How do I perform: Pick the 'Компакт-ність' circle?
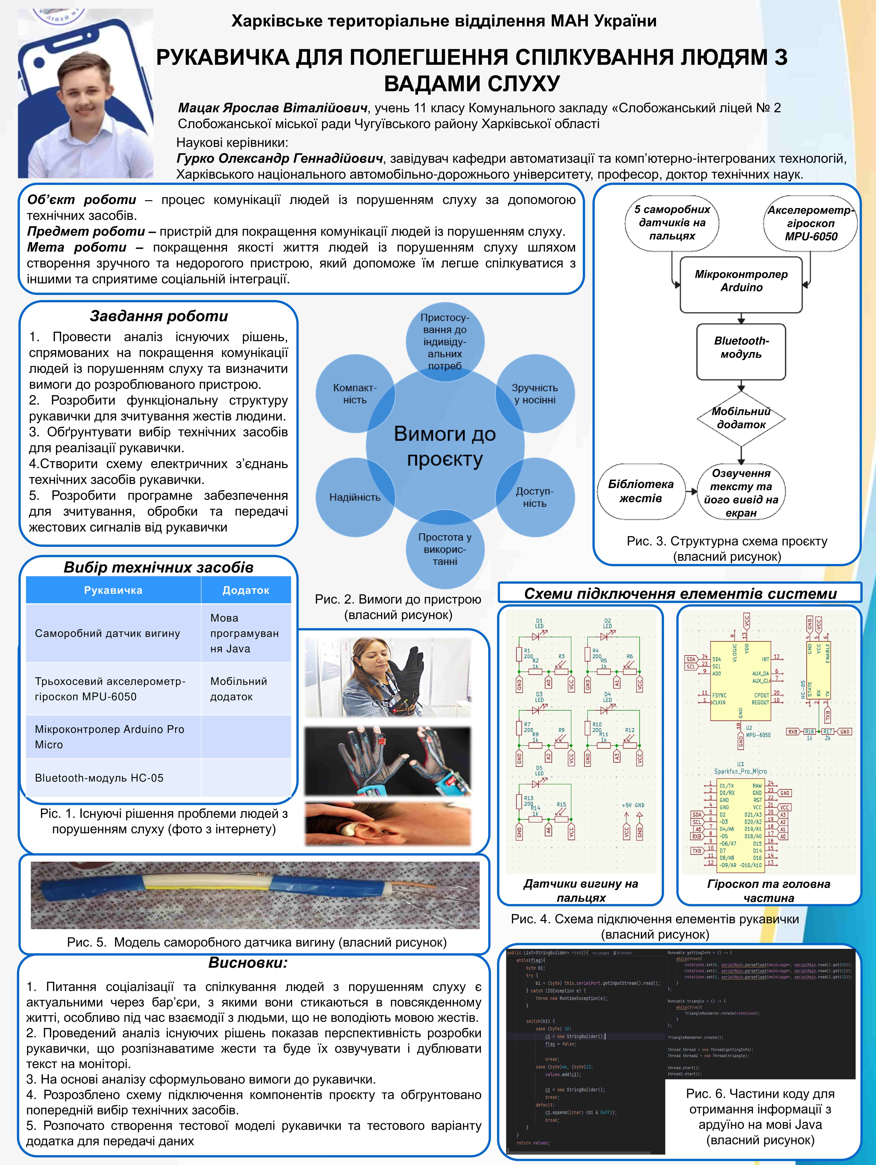point(355,394)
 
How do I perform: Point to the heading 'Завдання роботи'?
point(159,316)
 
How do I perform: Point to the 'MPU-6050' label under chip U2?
point(758,735)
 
